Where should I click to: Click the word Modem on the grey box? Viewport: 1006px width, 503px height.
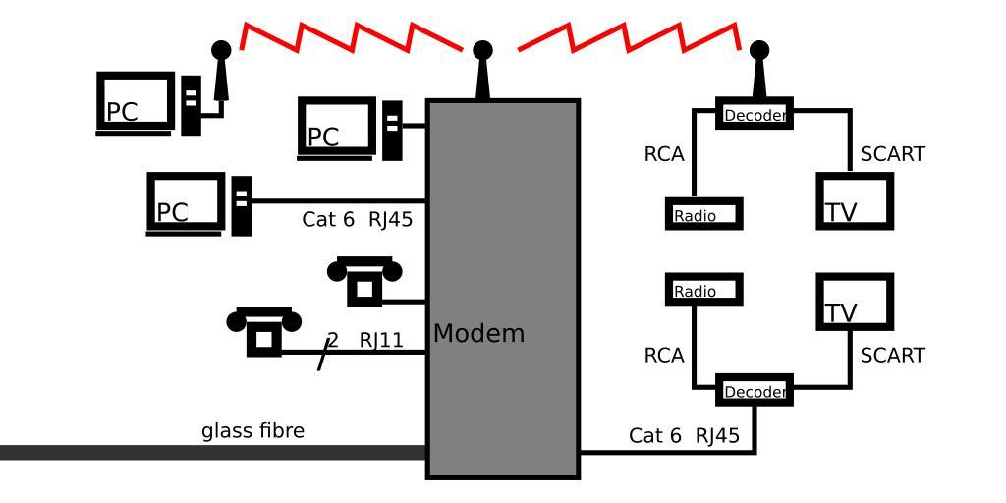tap(478, 333)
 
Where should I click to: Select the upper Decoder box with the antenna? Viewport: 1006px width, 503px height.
tap(754, 115)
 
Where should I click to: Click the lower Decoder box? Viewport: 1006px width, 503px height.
tap(754, 391)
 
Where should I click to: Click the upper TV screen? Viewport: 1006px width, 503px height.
tap(854, 200)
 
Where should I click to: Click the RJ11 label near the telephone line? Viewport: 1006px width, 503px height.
tap(381, 340)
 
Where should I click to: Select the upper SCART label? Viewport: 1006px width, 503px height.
tap(892, 154)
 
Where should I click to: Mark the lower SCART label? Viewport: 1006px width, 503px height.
tap(892, 355)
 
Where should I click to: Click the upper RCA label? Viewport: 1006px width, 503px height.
tap(664, 154)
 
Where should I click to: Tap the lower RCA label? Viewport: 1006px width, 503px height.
tap(664, 355)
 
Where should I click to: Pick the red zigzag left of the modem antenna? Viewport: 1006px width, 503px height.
tap(352, 35)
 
